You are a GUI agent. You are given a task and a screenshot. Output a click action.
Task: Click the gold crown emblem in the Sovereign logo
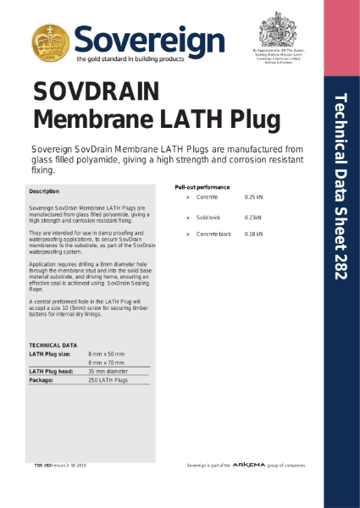coord(51,41)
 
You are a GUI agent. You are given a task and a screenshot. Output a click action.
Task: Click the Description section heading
coord(44,192)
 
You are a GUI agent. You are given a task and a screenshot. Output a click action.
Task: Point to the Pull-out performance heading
coord(202,186)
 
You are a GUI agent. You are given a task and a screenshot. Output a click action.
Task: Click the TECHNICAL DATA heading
coord(53,345)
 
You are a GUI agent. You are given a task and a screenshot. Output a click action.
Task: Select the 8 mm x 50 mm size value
coord(106,353)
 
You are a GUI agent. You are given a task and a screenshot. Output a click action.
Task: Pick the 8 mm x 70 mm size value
coord(106,362)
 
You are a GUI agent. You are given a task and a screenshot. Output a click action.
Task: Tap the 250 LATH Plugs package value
coord(108,381)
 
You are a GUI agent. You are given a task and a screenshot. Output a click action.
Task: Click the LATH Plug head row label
coord(51,372)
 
